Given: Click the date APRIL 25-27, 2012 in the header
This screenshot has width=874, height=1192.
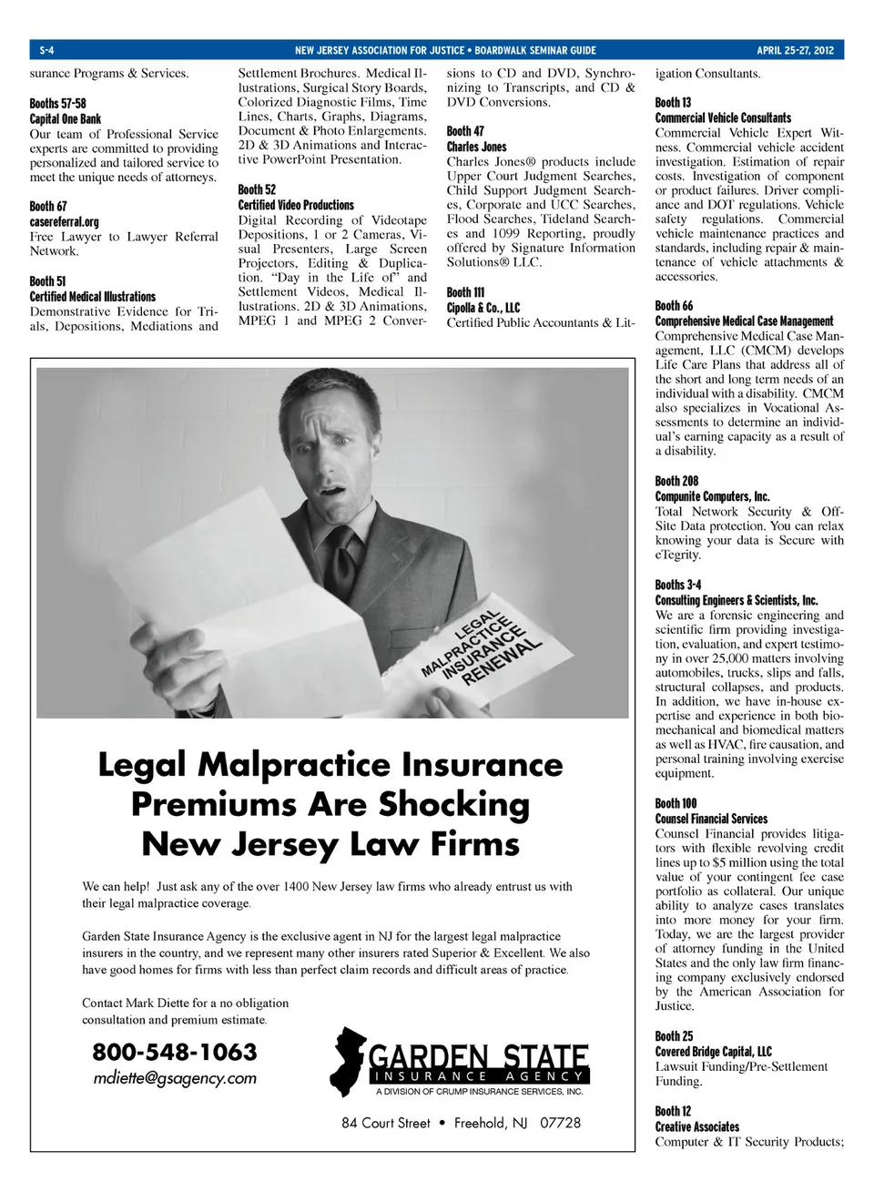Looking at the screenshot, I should tap(794, 50).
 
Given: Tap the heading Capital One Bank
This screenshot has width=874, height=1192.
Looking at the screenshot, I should tap(66, 119).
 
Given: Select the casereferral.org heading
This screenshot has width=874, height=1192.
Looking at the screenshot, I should tap(65, 222).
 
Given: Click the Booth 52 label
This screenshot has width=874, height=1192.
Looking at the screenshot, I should tap(257, 189).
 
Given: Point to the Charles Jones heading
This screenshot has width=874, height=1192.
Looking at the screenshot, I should tap(476, 147).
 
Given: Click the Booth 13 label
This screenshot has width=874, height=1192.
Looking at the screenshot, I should tap(673, 103).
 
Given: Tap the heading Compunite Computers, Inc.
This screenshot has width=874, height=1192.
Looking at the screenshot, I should tap(712, 496).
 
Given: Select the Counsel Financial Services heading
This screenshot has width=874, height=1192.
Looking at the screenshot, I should tap(711, 819).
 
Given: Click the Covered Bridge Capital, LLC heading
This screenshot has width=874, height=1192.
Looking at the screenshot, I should tap(713, 1052).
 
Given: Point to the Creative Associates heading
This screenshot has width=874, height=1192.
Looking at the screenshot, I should tap(697, 1126).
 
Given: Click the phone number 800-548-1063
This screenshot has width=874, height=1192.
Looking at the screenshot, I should tap(175, 1053).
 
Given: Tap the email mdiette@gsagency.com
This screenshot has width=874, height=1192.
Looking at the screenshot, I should tap(175, 1079).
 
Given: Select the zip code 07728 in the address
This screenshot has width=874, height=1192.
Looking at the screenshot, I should tap(560, 1123).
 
